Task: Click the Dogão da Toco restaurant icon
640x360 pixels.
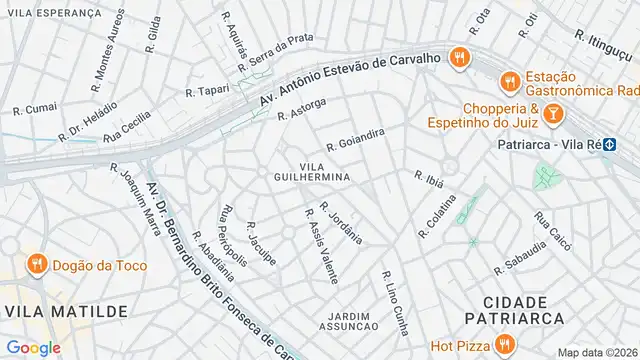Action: coord(37,265)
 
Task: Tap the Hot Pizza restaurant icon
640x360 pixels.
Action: coord(505,346)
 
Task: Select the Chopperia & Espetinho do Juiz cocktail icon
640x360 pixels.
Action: coord(552,117)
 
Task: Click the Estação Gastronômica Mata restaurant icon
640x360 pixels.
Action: coord(509,81)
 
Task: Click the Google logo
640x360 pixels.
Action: coord(33,347)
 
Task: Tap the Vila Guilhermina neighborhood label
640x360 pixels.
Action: coord(325,170)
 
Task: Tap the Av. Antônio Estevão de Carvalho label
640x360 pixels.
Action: coord(349,79)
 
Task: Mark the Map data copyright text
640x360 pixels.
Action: coord(597,352)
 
